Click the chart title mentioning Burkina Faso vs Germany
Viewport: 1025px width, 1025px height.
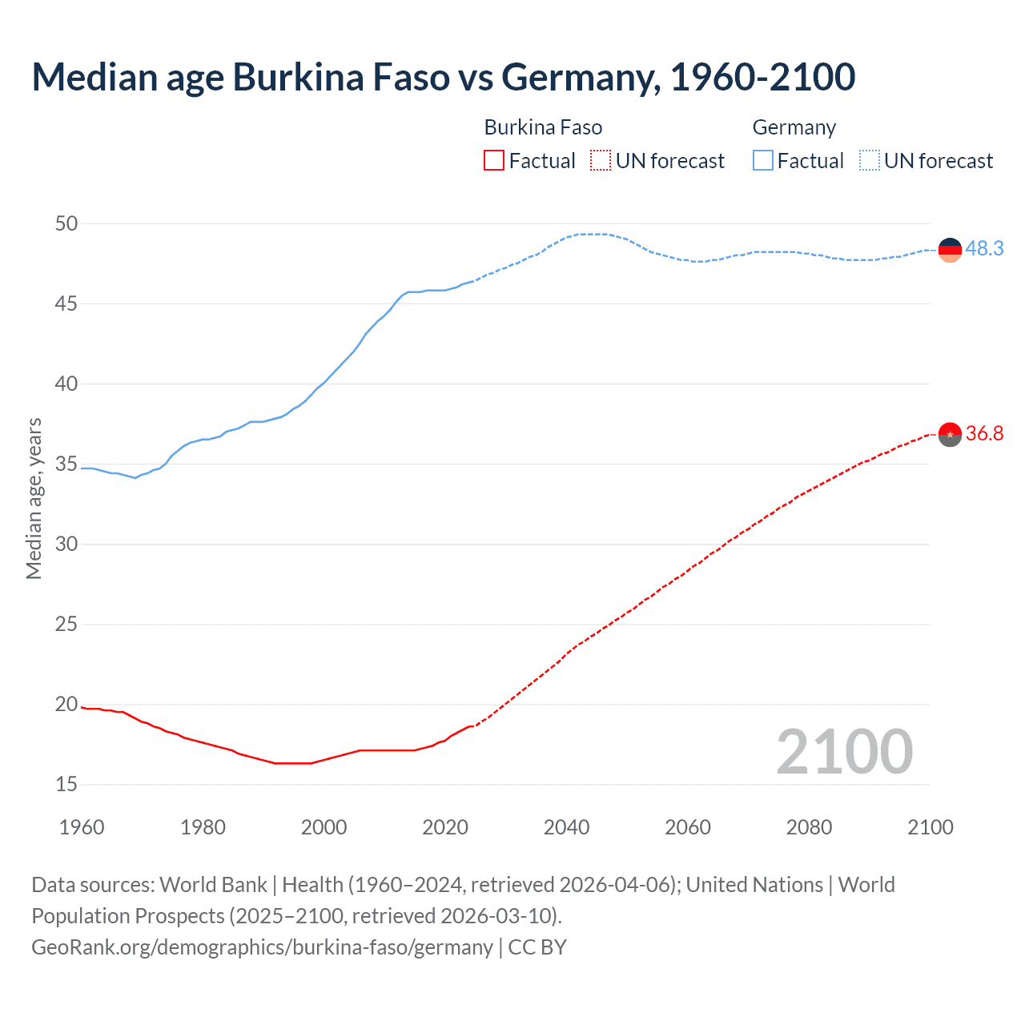(443, 78)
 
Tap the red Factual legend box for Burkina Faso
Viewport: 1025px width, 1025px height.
(494, 161)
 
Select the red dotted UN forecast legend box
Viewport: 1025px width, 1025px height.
(601, 161)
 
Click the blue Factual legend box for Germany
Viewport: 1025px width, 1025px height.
(762, 161)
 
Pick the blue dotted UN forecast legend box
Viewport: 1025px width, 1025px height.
(869, 161)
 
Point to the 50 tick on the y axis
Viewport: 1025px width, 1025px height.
(66, 223)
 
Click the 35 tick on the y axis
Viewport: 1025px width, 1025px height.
(66, 464)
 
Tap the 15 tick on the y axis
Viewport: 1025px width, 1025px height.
(66, 784)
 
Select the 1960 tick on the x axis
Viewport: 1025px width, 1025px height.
(82, 827)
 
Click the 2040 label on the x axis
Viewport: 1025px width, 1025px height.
(566, 827)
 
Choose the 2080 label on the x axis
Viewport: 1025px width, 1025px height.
(809, 827)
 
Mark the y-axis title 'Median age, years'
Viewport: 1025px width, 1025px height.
(34, 498)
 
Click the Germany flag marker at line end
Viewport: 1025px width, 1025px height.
(950, 250)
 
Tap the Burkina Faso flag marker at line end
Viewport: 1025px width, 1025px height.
(950, 434)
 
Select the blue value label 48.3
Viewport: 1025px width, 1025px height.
(984, 249)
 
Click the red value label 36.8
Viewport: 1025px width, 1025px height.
(984, 434)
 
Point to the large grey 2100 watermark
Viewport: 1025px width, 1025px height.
(844, 752)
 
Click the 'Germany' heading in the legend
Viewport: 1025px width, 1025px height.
(794, 127)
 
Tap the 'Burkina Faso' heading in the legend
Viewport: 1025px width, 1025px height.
(543, 127)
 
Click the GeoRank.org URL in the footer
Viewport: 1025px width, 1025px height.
(262, 947)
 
